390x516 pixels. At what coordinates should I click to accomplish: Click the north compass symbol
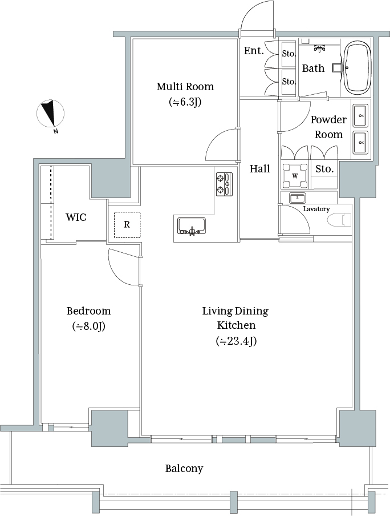pos(50,114)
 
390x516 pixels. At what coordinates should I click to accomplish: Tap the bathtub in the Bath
pos(357,67)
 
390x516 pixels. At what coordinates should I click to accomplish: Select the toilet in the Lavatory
pos(340,220)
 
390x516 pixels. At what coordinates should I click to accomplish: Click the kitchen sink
pos(192,226)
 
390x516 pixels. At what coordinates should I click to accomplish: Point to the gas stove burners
pos(224,184)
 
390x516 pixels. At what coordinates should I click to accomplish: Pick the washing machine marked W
pos(295,176)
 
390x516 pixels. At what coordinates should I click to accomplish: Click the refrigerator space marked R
pos(127,225)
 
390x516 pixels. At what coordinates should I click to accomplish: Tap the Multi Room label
pos(185,87)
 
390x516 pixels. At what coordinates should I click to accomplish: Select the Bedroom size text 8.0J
pos(89,326)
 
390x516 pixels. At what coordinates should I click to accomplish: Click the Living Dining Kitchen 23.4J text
pos(236,341)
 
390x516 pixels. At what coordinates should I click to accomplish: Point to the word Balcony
pos(184,468)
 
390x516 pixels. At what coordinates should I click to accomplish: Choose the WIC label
pos(76,217)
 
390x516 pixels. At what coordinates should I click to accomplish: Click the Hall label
pos(260,169)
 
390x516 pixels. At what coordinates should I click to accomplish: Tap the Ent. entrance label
pos(254,51)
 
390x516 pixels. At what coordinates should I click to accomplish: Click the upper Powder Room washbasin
pos(360,115)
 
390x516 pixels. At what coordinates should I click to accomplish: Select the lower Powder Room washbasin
pos(360,143)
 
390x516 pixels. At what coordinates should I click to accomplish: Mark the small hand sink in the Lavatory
pos(298,197)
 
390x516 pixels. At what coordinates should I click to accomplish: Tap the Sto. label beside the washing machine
pos(324,169)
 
